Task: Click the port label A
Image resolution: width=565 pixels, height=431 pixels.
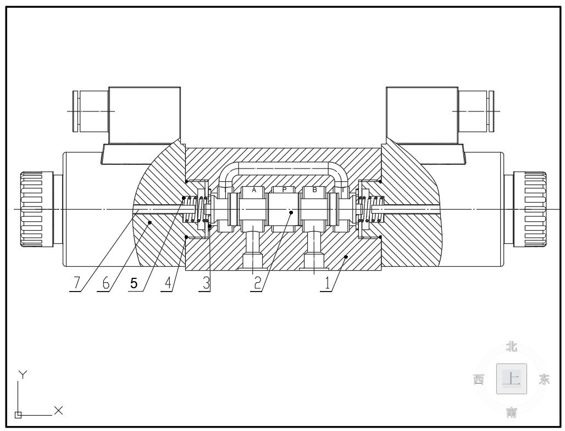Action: (254, 189)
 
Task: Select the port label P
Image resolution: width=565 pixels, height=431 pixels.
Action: (284, 189)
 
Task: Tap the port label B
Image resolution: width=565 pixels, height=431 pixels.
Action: (314, 189)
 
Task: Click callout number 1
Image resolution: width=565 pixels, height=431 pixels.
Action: (327, 283)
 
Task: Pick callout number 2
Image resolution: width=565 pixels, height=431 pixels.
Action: (257, 283)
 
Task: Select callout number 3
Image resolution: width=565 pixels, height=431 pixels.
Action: (206, 283)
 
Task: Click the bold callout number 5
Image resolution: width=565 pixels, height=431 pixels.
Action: (134, 283)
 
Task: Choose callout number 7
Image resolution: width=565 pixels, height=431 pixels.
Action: (76, 283)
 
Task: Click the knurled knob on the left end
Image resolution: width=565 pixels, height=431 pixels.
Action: (36, 209)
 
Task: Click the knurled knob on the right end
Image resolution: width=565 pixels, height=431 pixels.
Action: (530, 209)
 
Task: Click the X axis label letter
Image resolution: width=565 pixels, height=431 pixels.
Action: (58, 410)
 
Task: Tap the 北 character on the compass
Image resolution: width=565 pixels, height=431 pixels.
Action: (512, 347)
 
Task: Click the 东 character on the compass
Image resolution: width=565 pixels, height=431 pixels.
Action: (544, 379)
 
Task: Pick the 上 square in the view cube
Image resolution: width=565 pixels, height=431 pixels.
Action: (512, 379)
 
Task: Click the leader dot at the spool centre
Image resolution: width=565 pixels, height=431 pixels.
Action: (291, 212)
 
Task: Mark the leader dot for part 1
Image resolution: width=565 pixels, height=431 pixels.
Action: (346, 256)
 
